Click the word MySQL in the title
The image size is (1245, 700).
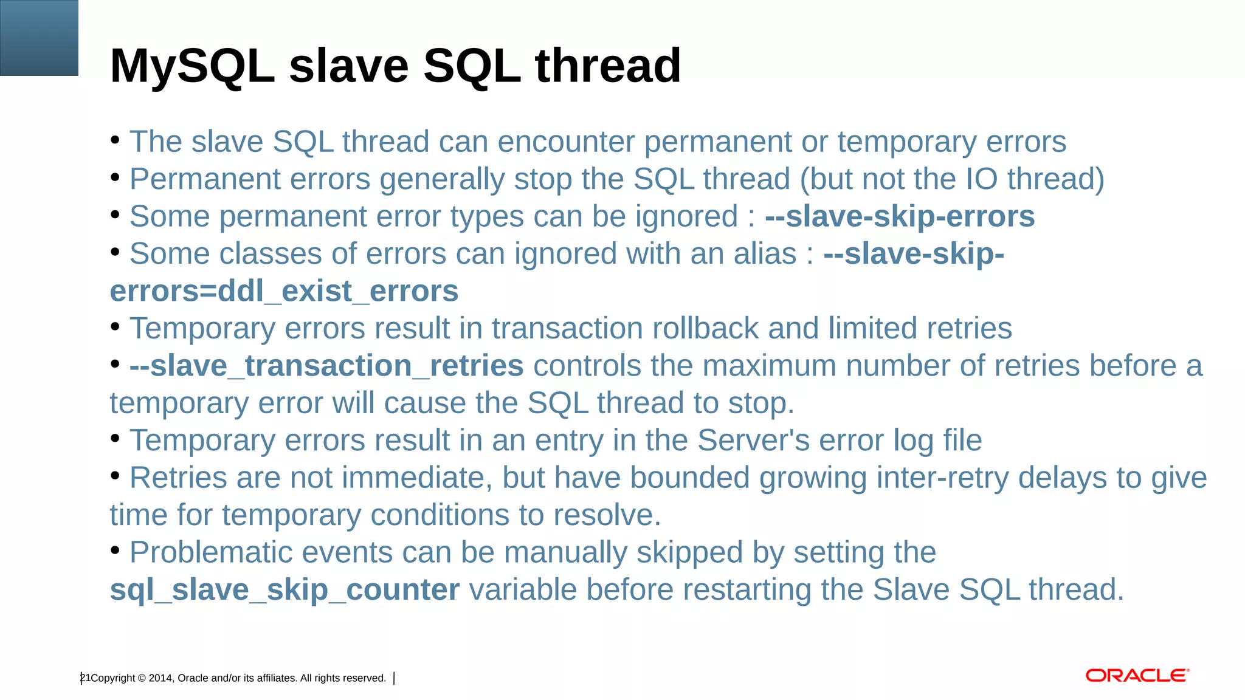[x=192, y=66]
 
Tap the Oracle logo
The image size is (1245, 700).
[x=1137, y=676]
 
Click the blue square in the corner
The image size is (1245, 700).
[x=39, y=38]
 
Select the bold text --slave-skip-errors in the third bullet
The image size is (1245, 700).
[x=900, y=217]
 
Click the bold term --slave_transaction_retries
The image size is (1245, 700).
[x=326, y=366]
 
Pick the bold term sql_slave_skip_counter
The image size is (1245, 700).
[x=285, y=590]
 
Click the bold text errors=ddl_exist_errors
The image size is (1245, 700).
[x=284, y=292]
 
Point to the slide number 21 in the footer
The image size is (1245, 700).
[x=85, y=678]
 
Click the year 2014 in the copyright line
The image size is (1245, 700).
[x=160, y=678]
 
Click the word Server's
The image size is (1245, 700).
[x=753, y=441]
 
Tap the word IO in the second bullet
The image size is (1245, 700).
[x=981, y=180]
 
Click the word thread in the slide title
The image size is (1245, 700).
[x=608, y=66]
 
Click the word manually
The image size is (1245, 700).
[x=566, y=553]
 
